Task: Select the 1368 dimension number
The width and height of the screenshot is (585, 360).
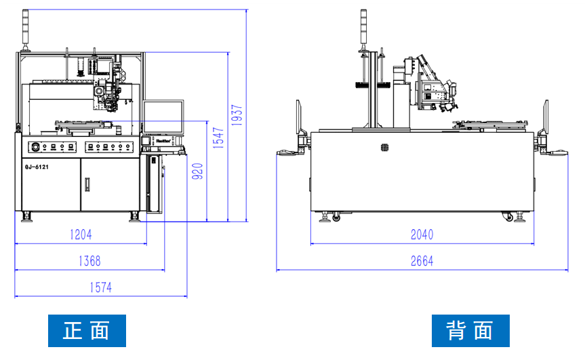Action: tap(89, 260)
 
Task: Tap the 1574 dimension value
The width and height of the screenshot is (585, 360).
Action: tap(100, 287)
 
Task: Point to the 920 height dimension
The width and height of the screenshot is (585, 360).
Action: tap(197, 174)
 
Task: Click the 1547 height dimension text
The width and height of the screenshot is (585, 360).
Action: tap(218, 140)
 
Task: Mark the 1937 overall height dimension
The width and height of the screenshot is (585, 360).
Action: tap(237, 115)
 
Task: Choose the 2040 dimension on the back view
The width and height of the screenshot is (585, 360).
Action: tap(422, 235)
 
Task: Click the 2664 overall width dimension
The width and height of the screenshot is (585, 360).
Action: tap(422, 261)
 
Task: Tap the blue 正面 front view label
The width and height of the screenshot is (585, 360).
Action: tap(87, 331)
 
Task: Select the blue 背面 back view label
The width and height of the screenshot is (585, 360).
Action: tap(470, 331)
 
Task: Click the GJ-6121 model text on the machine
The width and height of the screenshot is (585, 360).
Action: tap(36, 165)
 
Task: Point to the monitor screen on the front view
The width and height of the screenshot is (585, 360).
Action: tap(163, 117)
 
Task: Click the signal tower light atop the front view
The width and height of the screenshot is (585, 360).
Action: tap(26, 31)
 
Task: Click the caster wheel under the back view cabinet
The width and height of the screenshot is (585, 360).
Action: tap(507, 217)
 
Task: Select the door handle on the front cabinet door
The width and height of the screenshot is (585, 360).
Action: tap(87, 184)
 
